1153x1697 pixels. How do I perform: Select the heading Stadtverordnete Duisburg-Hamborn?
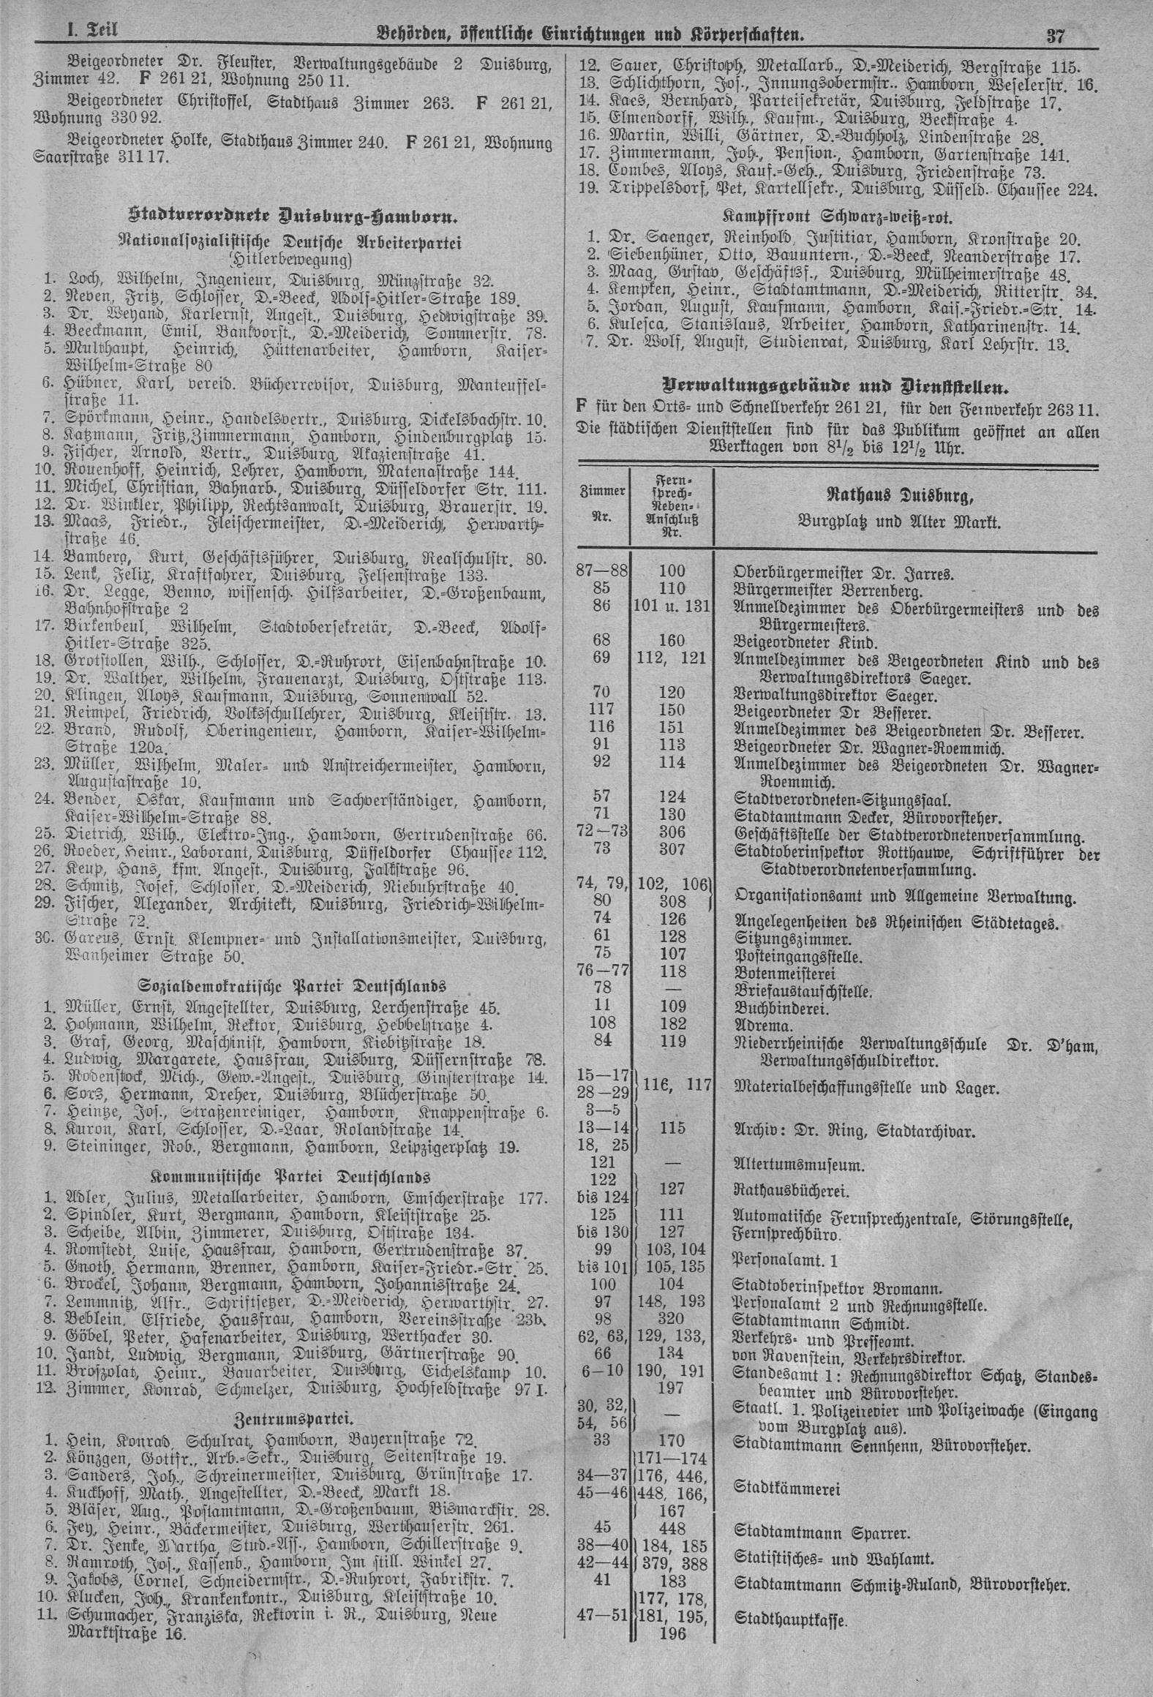(293, 217)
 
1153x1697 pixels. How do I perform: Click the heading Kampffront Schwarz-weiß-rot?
(838, 217)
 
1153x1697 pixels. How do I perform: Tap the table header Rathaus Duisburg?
(899, 498)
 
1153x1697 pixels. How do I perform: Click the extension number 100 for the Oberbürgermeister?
(672, 571)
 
